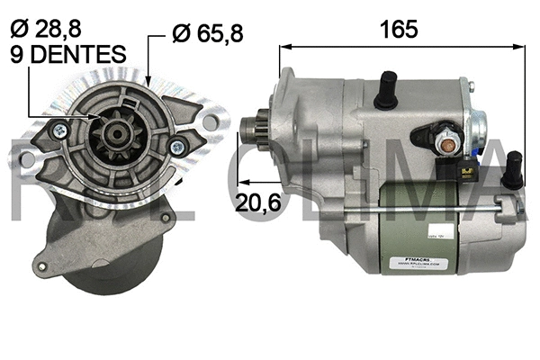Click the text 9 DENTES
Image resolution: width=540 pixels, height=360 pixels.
click(x=67, y=54)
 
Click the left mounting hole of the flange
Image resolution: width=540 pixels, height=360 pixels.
click(x=27, y=159)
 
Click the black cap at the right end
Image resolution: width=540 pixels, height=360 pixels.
click(x=513, y=169)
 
